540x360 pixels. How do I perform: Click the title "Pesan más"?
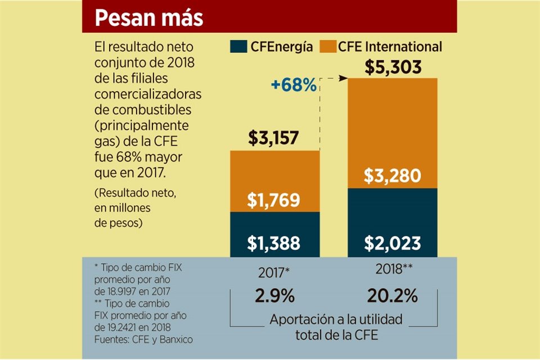(x=148, y=18)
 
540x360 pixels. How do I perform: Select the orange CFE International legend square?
(x=328, y=47)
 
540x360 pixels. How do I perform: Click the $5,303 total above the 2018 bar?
(x=393, y=67)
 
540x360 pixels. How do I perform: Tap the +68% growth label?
(x=294, y=85)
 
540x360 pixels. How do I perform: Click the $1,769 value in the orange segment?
(x=274, y=200)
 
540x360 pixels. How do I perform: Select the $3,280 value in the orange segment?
(x=392, y=176)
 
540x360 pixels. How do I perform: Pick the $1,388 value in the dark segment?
(x=274, y=243)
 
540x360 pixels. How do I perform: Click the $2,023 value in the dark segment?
(x=392, y=243)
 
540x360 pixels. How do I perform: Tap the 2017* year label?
(x=274, y=273)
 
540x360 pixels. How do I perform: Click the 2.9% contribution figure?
(x=274, y=296)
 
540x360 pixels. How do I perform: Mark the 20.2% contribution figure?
(x=392, y=296)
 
